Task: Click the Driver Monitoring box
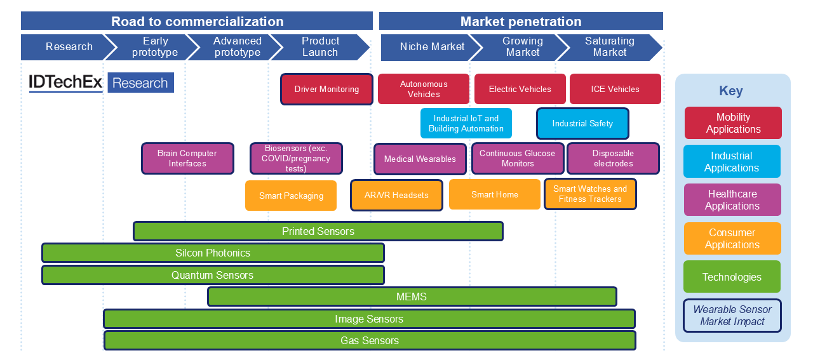(x=326, y=90)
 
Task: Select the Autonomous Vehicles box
(x=424, y=89)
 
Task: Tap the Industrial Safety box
(x=582, y=123)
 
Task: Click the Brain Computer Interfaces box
(x=187, y=158)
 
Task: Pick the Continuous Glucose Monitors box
(x=517, y=158)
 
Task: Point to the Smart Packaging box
(x=291, y=196)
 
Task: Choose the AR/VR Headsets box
(x=396, y=195)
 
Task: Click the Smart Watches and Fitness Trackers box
(x=590, y=194)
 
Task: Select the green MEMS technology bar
(x=412, y=297)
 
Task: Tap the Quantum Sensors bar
(x=213, y=275)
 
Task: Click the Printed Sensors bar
(x=318, y=231)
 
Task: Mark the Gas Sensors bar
(x=370, y=340)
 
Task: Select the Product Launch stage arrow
(x=320, y=47)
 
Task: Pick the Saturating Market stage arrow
(x=610, y=47)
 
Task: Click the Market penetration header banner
(x=521, y=22)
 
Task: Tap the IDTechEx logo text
(x=66, y=83)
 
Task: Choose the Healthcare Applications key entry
(x=732, y=199)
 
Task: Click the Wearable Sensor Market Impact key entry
(x=732, y=316)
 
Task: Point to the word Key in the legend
(x=731, y=91)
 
